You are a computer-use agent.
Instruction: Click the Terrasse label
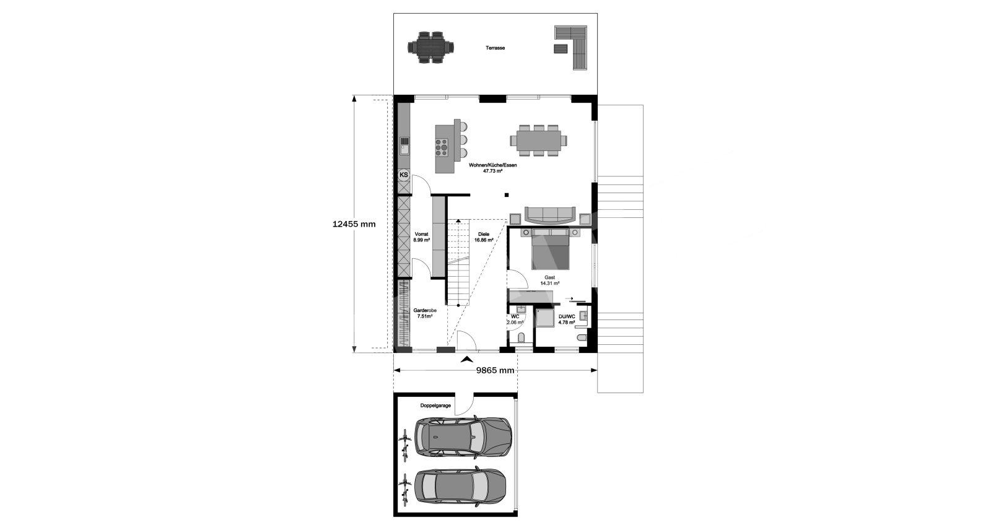495,48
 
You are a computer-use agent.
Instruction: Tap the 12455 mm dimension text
354,224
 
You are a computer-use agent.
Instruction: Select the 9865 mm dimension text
495,370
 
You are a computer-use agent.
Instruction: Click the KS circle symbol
404,175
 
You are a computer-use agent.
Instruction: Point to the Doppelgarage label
435,406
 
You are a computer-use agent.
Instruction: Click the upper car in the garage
463,437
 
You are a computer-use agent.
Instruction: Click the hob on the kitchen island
133,147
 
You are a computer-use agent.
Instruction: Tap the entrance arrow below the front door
465,359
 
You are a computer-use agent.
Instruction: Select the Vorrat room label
422,237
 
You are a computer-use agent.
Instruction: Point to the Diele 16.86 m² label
484,237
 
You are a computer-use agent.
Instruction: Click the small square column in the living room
507,194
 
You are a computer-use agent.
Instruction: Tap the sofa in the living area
551,215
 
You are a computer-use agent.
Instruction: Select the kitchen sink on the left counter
95,146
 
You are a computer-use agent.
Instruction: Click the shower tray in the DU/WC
545,318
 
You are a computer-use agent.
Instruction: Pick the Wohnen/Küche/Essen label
493,168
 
